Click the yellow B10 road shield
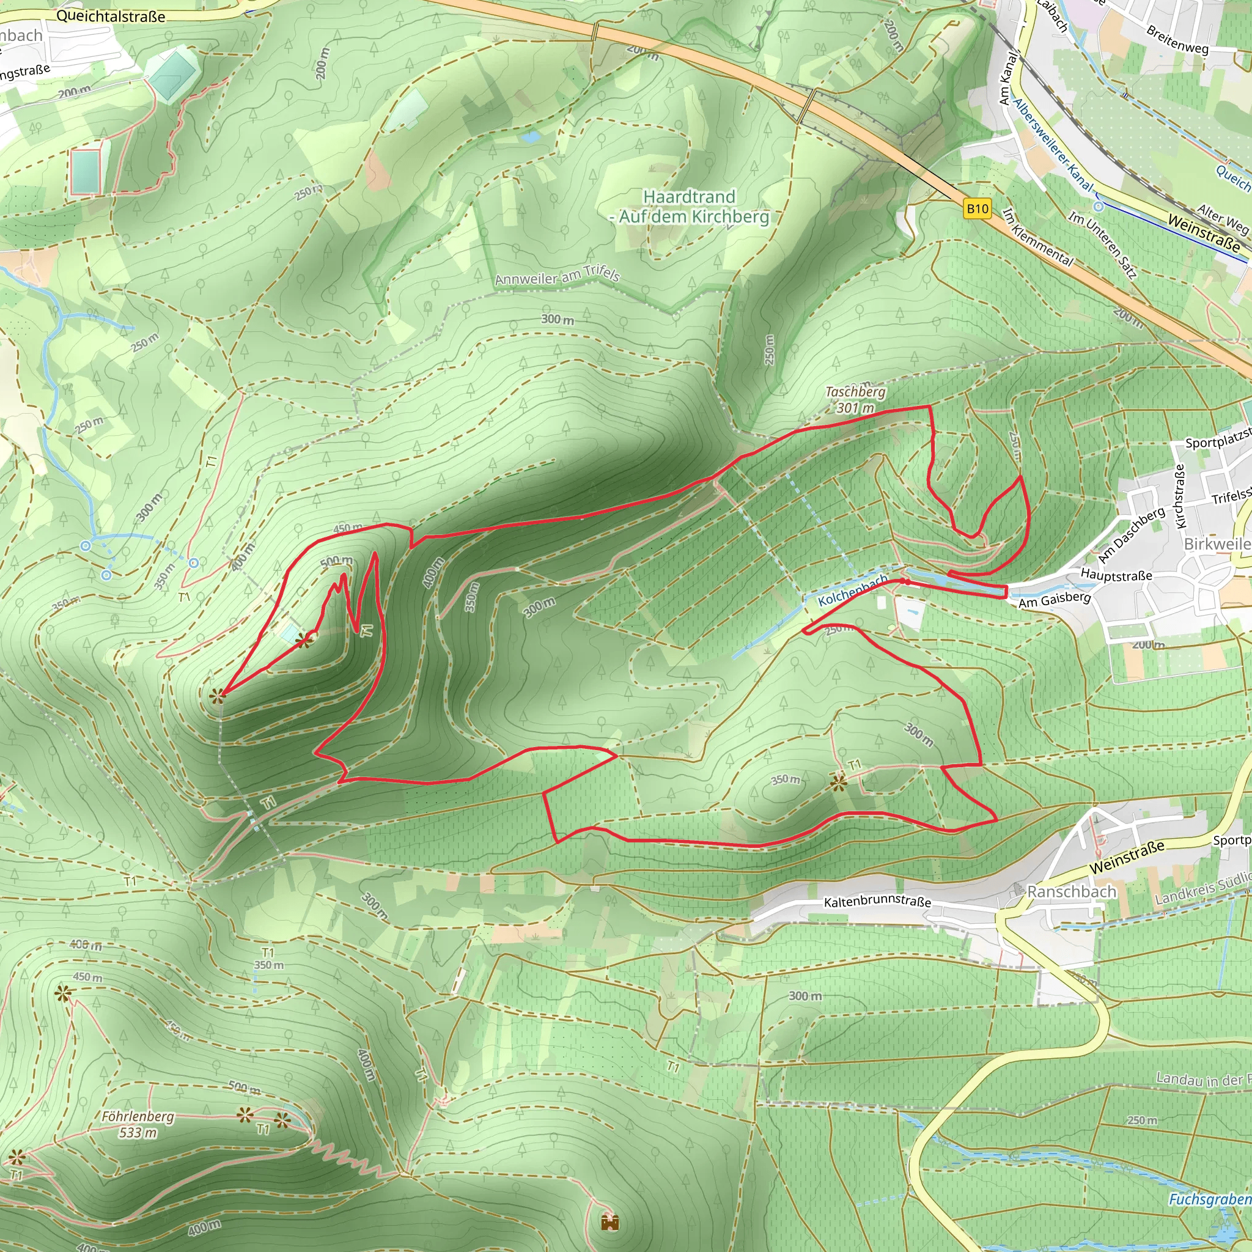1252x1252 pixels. click(978, 208)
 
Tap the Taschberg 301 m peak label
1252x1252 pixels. click(855, 400)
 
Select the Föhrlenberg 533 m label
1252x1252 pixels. click(138, 1124)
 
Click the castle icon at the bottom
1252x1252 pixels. click(609, 1221)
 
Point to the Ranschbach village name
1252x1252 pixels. click(1071, 892)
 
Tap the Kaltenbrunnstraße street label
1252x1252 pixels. click(877, 902)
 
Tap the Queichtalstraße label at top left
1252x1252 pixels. click(110, 17)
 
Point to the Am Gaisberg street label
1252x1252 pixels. click(1055, 598)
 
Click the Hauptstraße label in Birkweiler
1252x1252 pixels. click(1116, 575)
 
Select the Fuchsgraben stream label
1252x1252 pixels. click(1209, 1199)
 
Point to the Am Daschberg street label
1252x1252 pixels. click(1131, 536)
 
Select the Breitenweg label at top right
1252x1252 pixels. click(1177, 40)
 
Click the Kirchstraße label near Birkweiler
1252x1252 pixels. click(1179, 496)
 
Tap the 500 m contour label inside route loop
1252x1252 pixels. click(336, 561)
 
